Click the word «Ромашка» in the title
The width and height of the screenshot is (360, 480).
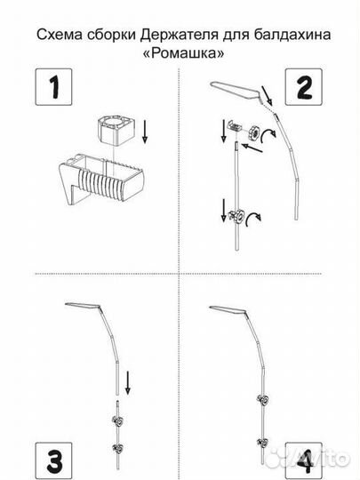pyautogui.click(x=183, y=53)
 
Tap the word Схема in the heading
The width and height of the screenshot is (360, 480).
pyautogui.click(x=60, y=35)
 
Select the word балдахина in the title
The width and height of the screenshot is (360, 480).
pyautogui.click(x=292, y=35)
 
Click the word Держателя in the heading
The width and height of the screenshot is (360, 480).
pyautogui.click(x=179, y=36)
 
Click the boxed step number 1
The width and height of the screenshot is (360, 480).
pyautogui.click(x=54, y=87)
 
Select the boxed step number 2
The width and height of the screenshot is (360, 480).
pyautogui.click(x=304, y=87)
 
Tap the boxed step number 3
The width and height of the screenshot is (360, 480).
pyautogui.click(x=54, y=460)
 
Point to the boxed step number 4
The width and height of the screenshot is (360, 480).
pyautogui.click(x=304, y=460)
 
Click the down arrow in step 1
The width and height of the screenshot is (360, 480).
pyautogui.click(x=145, y=132)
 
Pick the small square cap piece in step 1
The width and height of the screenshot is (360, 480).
pyautogui.click(x=116, y=130)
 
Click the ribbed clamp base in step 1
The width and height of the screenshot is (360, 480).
pyautogui.click(x=100, y=179)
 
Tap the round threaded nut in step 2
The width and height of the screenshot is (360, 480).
pyautogui.click(x=254, y=132)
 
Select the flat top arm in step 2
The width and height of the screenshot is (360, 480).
pyautogui.click(x=235, y=92)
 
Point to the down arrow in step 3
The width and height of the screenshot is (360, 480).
pyautogui.click(x=128, y=382)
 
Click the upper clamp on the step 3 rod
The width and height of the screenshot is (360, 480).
pyautogui.click(x=118, y=422)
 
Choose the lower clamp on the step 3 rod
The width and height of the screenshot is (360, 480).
pyautogui.click(x=118, y=449)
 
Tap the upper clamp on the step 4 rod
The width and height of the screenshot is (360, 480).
pyautogui.click(x=263, y=399)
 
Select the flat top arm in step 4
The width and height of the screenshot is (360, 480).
pyautogui.click(x=228, y=310)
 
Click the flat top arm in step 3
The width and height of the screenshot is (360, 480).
pyautogui.click(x=83, y=306)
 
